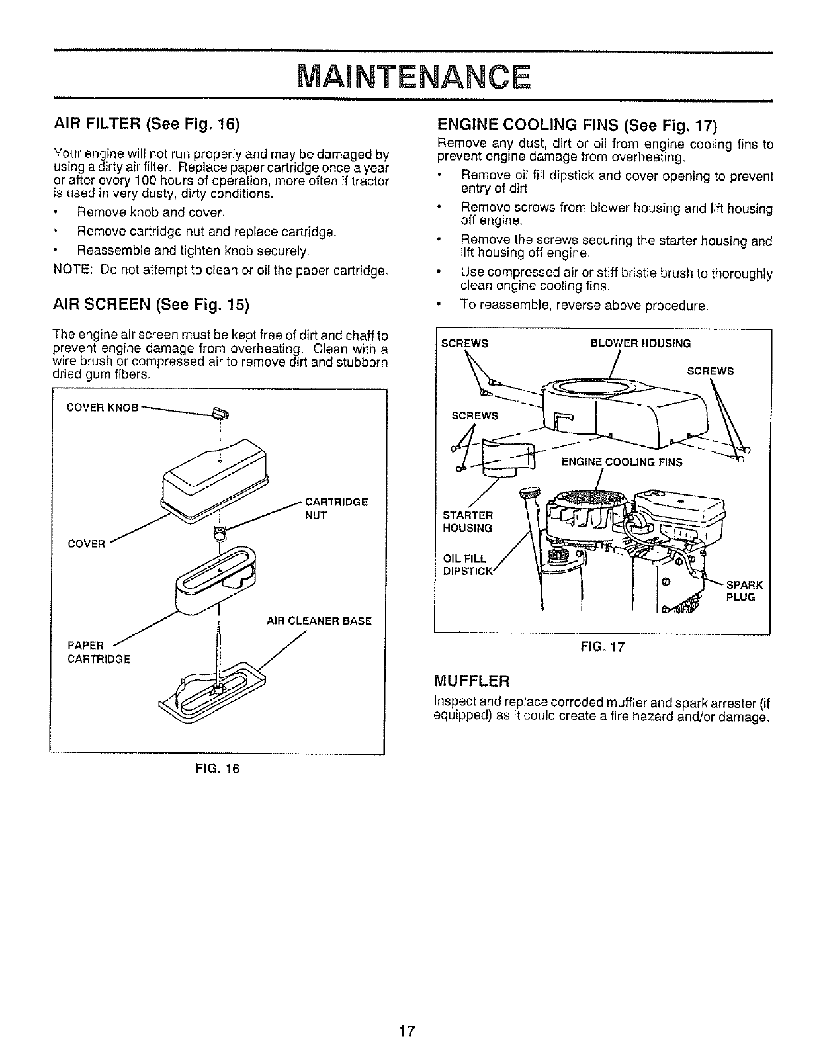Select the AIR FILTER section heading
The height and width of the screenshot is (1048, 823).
(x=146, y=124)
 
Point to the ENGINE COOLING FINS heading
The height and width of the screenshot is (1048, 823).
(x=578, y=125)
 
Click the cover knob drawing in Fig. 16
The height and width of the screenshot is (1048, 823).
(x=220, y=415)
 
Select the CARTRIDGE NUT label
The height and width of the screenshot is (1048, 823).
(x=335, y=508)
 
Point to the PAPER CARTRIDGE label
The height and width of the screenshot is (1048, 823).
(x=99, y=652)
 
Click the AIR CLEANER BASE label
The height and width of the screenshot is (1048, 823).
(x=318, y=621)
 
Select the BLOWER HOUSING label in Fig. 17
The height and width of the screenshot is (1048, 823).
(x=640, y=343)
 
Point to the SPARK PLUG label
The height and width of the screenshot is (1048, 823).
(x=744, y=591)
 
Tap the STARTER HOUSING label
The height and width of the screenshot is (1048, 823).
(x=467, y=521)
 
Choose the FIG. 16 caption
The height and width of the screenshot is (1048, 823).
(x=217, y=769)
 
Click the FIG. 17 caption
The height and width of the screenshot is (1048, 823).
(x=602, y=648)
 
